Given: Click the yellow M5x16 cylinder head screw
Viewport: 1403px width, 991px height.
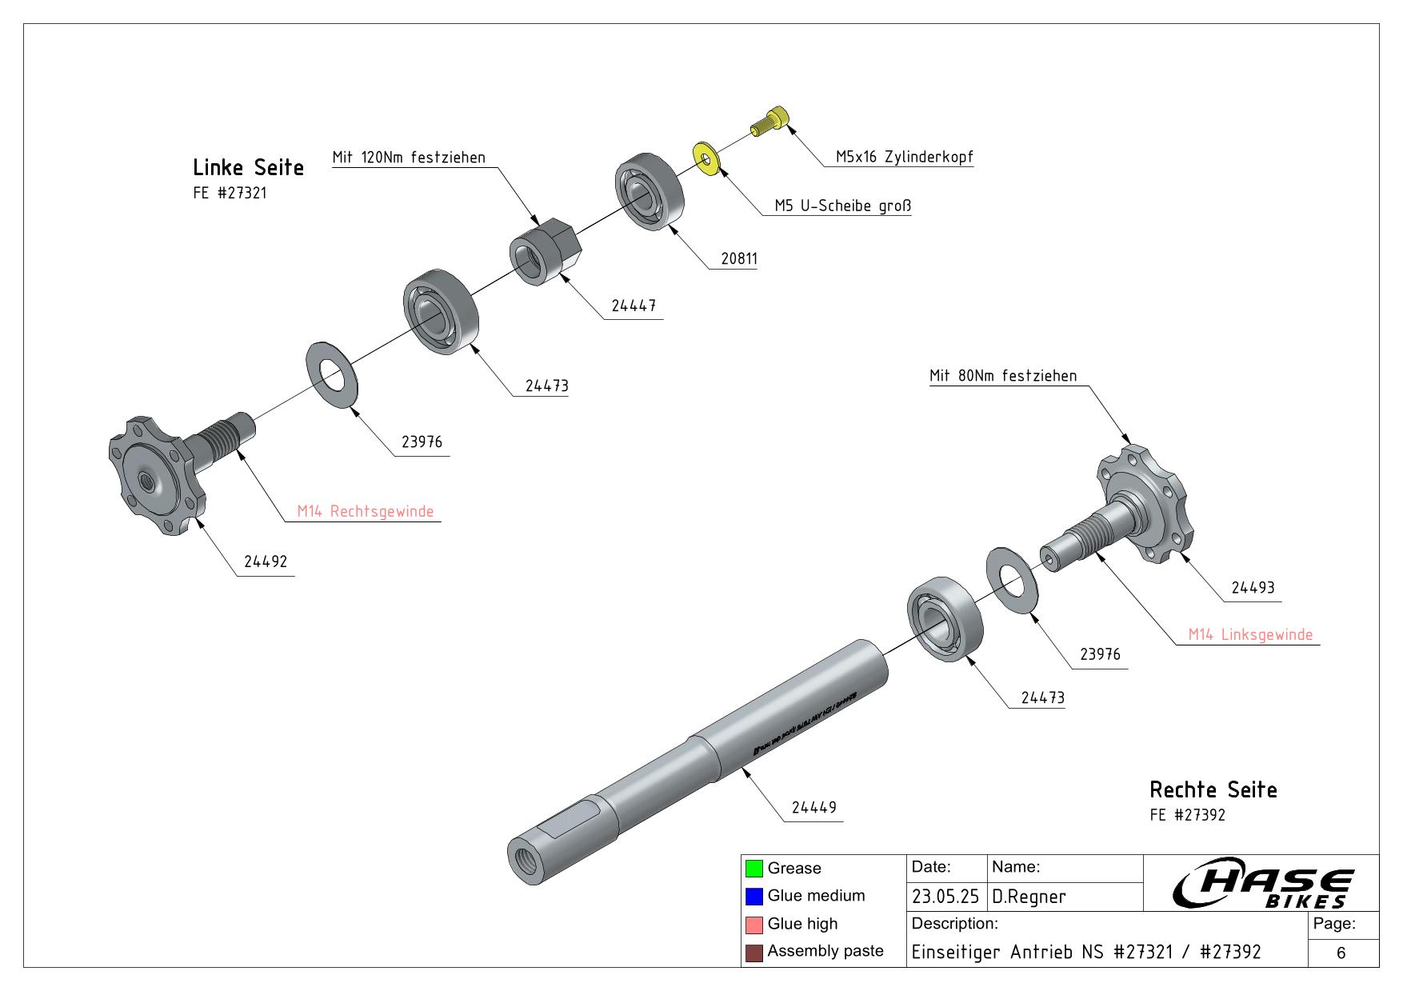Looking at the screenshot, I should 769,123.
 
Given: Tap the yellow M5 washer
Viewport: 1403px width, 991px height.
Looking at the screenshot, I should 706,158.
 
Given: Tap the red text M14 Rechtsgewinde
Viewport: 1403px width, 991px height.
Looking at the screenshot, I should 366,511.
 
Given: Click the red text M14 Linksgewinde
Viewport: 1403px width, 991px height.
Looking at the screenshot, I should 1250,634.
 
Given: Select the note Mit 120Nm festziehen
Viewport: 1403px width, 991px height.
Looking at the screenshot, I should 409,158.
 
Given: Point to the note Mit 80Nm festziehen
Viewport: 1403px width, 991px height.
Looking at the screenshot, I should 1003,376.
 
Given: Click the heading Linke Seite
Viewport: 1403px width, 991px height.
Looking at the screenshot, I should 248,168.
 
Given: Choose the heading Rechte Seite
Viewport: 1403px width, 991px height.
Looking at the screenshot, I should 1213,790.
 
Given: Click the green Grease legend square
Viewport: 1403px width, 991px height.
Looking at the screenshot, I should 753,869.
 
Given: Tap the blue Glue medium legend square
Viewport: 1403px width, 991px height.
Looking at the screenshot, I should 753,896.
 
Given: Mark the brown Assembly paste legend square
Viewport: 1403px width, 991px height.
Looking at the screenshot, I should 753,952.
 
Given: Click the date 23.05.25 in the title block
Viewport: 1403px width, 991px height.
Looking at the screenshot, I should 945,897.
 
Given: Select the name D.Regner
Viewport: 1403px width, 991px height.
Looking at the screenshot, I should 1029,897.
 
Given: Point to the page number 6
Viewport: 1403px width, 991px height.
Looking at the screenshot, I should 1341,953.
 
